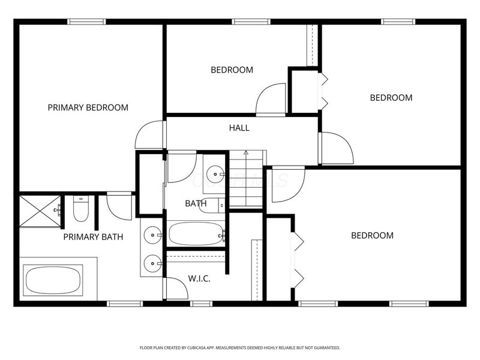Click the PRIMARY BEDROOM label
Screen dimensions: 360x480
[88, 108]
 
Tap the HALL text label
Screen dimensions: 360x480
[239, 128]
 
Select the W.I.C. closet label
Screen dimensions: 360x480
[199, 278]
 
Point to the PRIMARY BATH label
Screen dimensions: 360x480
[93, 237]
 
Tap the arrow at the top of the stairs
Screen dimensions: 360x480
[246, 153]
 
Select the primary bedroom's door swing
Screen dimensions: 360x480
[149, 136]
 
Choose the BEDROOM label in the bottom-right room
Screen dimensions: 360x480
[372, 236]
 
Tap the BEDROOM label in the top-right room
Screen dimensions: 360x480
[391, 98]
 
